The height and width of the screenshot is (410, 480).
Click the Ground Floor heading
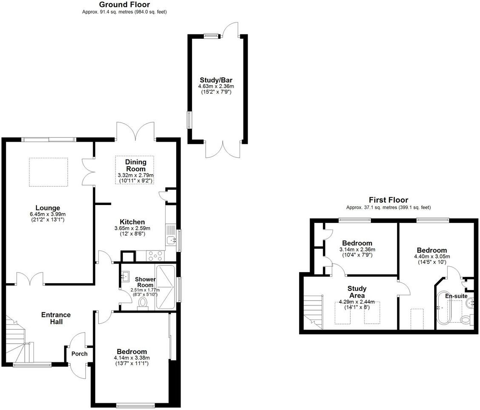[124, 5]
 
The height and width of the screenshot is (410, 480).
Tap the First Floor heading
[388, 200]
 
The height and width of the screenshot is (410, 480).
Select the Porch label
[79, 354]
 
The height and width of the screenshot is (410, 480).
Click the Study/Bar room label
[216, 80]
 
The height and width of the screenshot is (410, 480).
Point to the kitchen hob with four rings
[155, 256]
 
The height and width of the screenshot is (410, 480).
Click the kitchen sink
[171, 241]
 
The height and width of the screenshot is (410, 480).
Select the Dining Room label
[136, 165]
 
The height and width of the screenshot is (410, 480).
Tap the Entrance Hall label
[56, 318]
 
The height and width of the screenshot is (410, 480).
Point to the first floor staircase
[313, 311]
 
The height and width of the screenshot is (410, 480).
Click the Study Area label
[356, 292]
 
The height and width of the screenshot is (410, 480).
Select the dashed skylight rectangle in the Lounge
[48, 172]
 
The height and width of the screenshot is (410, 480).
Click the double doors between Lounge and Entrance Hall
[30, 279]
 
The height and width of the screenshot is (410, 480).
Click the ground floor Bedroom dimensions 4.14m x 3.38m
[132, 358]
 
